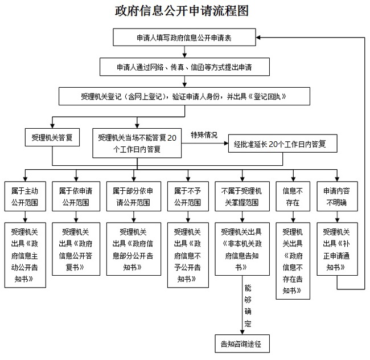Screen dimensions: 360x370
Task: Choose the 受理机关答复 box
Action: [x=52, y=137]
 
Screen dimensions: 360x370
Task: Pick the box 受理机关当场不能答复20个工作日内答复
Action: [x=137, y=142]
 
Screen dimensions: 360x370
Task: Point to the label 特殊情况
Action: [x=204, y=135]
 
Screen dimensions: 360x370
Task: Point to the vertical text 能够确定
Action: [x=248, y=305]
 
